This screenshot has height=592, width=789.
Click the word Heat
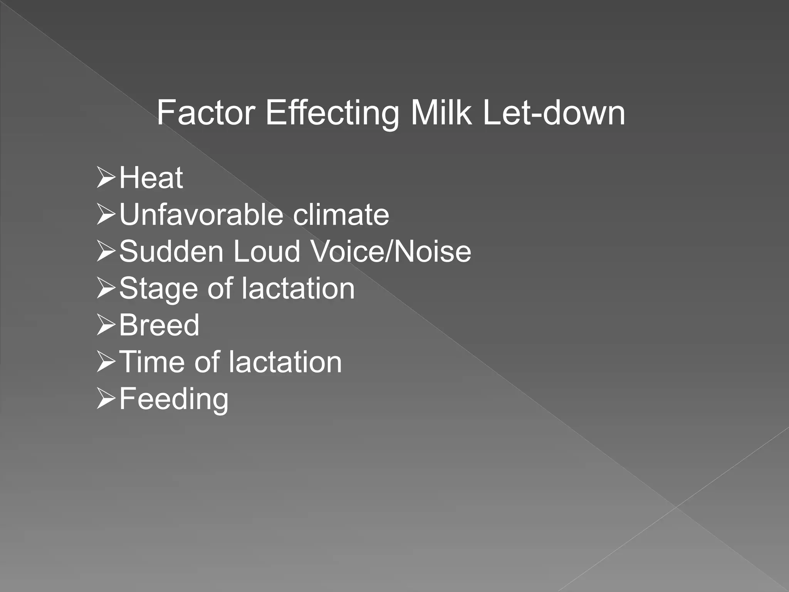tap(151, 178)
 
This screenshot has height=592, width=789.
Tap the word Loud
tap(267, 251)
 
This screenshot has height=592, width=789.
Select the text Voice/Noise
tap(390, 251)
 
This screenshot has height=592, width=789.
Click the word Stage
tap(158, 289)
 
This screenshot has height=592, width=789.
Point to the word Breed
tap(159, 325)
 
